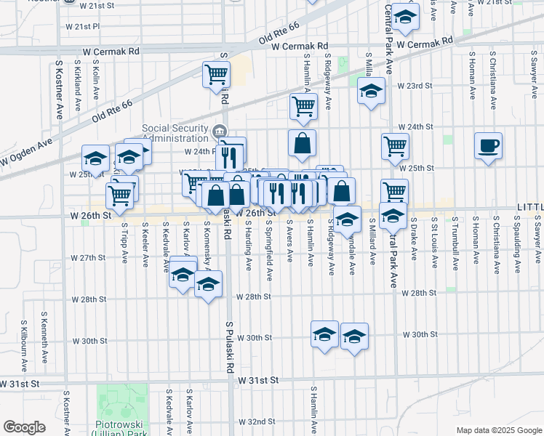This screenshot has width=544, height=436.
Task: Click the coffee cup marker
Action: coord(487,145)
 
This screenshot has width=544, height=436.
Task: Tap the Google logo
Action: coord(24,427)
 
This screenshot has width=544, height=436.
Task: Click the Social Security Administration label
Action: coord(175,133)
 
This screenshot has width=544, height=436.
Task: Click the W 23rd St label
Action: coord(415,85)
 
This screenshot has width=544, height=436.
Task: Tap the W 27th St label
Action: coord(88,258)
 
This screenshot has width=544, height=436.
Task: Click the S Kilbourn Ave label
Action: coord(24,341)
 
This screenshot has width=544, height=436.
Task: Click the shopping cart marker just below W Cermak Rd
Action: coord(216,74)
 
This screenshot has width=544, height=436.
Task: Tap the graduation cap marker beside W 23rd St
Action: coord(371,92)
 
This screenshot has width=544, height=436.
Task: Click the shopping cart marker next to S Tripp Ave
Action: coord(120,194)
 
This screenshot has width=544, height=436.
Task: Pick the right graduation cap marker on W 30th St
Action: coord(354,336)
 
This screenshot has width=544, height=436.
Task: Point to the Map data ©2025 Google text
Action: coord(498,430)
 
